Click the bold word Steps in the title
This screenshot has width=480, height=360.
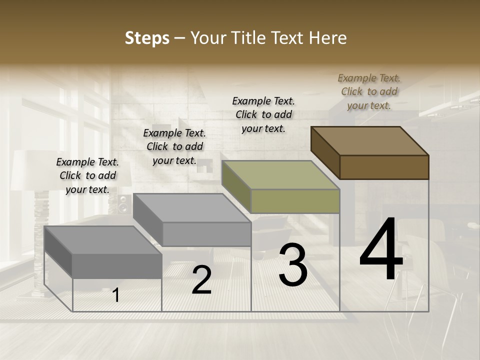[x=147, y=38]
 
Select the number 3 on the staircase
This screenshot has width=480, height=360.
[x=292, y=265]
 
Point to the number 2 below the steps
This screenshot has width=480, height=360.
[x=201, y=280]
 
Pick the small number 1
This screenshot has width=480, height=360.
[x=115, y=295]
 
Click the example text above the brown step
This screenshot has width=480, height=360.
[x=369, y=91]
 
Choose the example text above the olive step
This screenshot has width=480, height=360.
[x=263, y=114]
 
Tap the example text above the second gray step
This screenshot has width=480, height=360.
[x=174, y=146]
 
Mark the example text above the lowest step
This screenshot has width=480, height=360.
[x=87, y=175]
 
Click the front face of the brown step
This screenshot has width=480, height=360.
[x=384, y=167]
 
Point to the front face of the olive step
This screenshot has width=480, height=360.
[x=295, y=201]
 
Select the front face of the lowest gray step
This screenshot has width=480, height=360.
[x=117, y=265]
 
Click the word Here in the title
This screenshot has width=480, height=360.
[x=328, y=38]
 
